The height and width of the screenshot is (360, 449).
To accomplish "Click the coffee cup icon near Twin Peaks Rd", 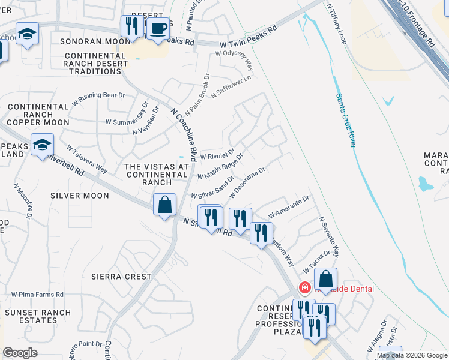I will click(x=158, y=29).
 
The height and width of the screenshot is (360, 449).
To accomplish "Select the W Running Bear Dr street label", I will click(x=98, y=98).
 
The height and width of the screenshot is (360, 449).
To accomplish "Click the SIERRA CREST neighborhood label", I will click(x=121, y=277).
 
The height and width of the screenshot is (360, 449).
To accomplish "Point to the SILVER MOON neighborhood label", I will click(x=80, y=196).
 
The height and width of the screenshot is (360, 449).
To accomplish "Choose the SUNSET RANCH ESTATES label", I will click(x=37, y=316).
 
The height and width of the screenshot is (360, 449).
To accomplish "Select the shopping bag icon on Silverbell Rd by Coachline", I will click(x=164, y=205).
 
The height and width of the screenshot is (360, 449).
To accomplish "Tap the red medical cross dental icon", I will click(x=305, y=289).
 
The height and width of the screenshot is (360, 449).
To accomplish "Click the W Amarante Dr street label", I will click(x=289, y=206).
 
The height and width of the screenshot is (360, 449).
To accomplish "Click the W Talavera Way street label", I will click(x=86, y=158).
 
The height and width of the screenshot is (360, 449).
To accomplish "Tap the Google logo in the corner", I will click(x=20, y=353).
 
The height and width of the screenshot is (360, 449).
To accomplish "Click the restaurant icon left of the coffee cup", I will click(x=130, y=26).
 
